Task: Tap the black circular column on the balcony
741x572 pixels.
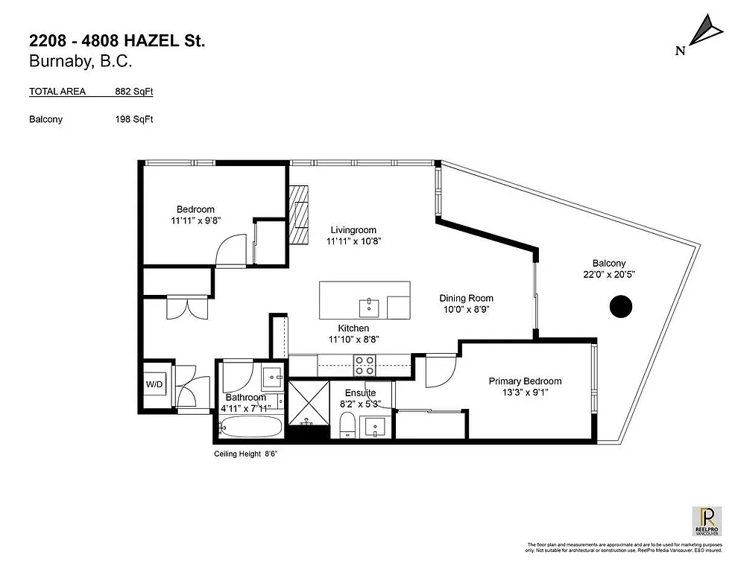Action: click(x=620, y=306)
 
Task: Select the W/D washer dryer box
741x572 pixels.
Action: click(x=155, y=385)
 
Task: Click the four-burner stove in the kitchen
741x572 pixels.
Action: click(x=364, y=365)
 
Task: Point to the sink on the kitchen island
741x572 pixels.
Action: click(x=370, y=306)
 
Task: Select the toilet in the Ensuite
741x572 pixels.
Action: click(x=346, y=427)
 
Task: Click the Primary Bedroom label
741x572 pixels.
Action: click(x=525, y=381)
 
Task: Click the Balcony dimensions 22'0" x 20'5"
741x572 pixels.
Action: click(x=608, y=274)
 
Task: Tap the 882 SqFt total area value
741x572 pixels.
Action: click(x=133, y=92)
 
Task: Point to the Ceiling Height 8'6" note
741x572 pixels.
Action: click(x=245, y=454)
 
